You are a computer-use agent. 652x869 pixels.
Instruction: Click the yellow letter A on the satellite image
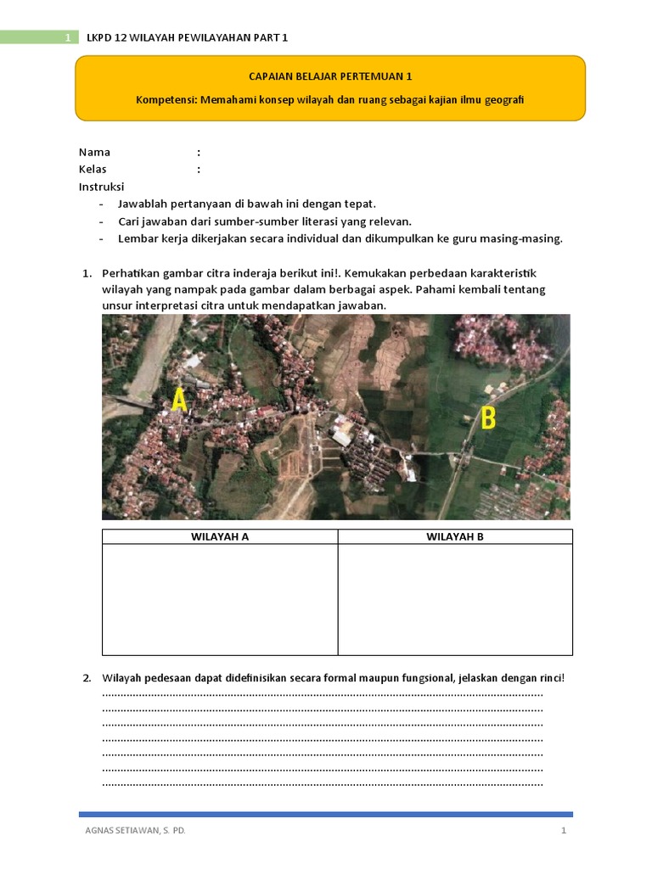coord(179,400)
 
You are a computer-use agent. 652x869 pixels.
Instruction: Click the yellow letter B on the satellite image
coord(488,418)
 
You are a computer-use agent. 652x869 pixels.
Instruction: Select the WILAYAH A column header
coord(220,536)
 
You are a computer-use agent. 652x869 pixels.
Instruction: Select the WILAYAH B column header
coord(455,536)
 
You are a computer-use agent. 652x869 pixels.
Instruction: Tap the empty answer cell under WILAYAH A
coord(220,599)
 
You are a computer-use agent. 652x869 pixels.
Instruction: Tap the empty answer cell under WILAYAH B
coord(455,599)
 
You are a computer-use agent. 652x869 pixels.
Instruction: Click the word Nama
coord(94,153)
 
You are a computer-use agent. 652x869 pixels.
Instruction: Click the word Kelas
coord(93,170)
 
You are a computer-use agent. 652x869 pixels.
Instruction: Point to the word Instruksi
coord(102,187)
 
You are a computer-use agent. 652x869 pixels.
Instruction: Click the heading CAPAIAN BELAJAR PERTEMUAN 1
coord(330,76)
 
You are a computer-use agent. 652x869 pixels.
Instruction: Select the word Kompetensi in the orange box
coord(166,100)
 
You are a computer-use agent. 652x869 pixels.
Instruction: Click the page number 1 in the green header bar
coord(67,38)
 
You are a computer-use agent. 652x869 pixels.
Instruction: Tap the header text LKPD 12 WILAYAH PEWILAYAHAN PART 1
coord(188,38)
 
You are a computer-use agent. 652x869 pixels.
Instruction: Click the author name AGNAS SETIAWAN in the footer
coord(130,831)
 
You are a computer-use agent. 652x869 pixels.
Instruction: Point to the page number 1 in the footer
coord(563,831)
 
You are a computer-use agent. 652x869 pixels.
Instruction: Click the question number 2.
coord(87,678)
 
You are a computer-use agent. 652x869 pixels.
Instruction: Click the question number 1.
coord(87,273)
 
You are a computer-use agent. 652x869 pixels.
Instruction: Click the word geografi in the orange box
coord(503,100)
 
